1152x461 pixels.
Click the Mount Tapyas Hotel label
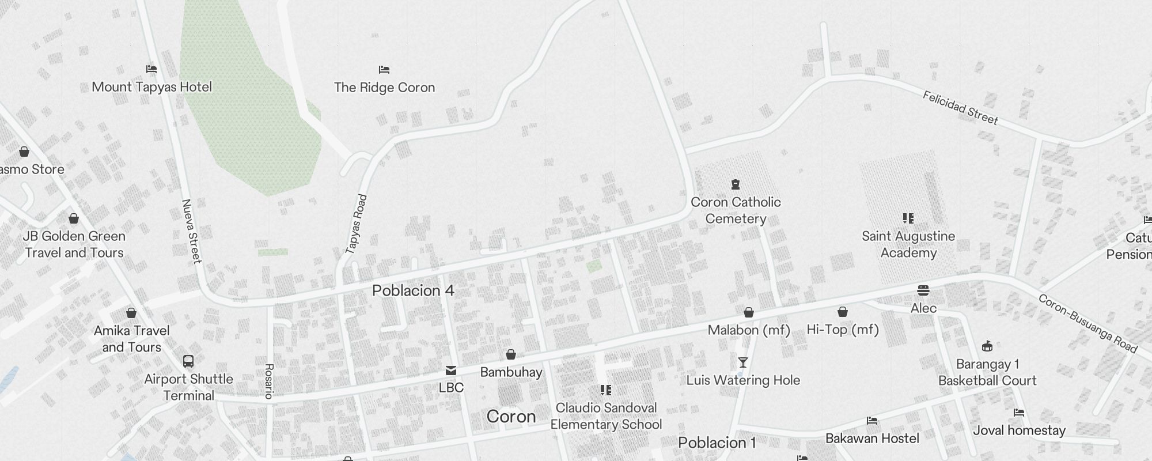click(152, 87)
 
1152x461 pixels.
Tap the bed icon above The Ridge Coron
click(384, 70)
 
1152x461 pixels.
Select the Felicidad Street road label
click(960, 108)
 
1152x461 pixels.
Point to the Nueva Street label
click(191, 231)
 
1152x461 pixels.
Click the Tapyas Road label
click(356, 224)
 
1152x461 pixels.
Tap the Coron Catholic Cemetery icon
click(735, 184)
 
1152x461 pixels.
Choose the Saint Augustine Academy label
click(908, 244)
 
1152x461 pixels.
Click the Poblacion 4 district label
click(413, 290)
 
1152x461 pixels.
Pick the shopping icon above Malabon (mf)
click(749, 312)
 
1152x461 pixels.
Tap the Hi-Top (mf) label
click(843, 330)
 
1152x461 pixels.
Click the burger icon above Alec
click(923, 290)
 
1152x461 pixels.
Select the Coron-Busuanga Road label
click(1087, 323)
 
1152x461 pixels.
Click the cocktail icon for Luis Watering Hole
click(743, 362)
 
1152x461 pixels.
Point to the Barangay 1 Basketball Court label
click(987, 372)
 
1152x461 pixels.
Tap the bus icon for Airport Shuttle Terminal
click(188, 361)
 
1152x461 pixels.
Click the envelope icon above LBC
click(451, 371)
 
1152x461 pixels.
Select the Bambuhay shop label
click(511, 372)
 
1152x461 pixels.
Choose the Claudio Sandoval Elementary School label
click(606, 416)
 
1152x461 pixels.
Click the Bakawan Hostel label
click(872, 439)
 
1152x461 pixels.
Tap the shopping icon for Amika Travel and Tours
click(131, 313)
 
